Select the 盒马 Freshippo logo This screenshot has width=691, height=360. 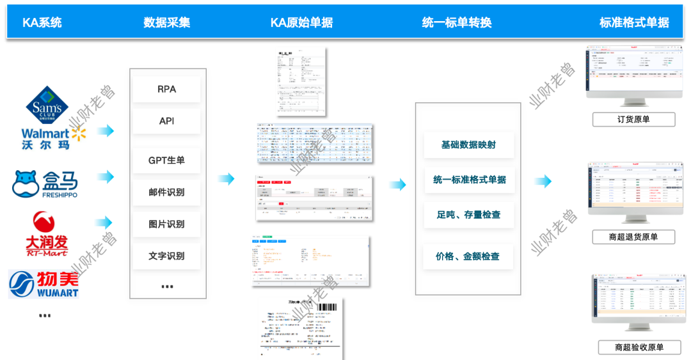[45, 184]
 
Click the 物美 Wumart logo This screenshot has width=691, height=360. [44, 283]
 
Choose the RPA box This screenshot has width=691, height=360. [166, 90]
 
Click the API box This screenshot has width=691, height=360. [166, 121]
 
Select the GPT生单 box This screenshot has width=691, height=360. [166, 160]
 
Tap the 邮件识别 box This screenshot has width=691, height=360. [166, 192]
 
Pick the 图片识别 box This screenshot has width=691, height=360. [166, 224]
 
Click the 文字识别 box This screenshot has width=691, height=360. [166, 256]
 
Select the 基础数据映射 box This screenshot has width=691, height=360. [468, 145]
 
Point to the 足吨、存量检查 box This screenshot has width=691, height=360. [468, 215]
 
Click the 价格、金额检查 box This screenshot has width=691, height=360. [468, 256]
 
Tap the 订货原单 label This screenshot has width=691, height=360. [633, 120]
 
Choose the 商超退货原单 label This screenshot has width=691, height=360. [633, 237]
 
